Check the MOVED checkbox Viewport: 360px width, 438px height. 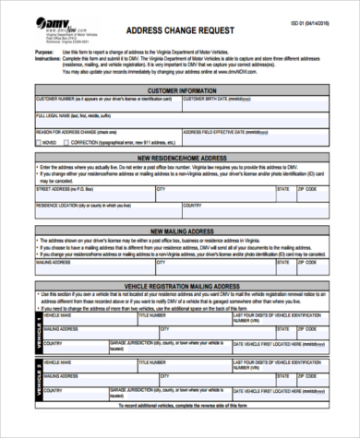[x=39, y=144]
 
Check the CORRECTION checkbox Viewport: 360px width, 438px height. [x=67, y=144]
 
